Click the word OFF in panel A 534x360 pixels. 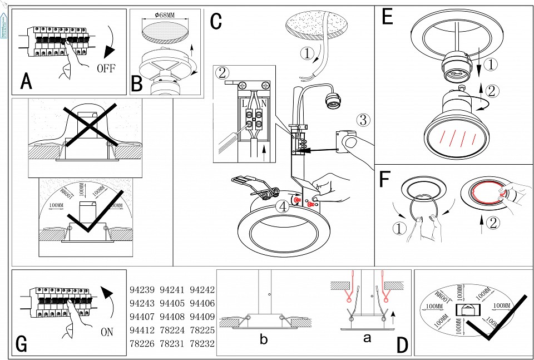click(106, 69)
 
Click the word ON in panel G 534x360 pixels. click(107, 332)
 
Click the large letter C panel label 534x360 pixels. click(216, 21)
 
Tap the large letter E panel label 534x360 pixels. click(388, 17)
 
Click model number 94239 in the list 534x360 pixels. click(142, 290)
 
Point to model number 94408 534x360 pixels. click(172, 317)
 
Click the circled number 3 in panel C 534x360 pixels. click(362, 120)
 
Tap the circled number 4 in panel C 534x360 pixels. click(283, 206)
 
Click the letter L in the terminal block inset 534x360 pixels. click(244, 103)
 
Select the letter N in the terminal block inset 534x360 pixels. click(263, 103)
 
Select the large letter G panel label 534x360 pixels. click(22, 344)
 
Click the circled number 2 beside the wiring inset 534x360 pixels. click(222, 73)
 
